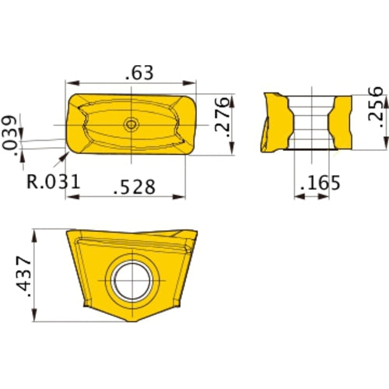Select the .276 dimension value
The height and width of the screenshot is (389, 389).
pyautogui.click(x=221, y=116)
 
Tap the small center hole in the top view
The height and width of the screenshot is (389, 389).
pyautogui.click(x=131, y=124)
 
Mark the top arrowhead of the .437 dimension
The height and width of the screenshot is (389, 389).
pyautogui.click(x=36, y=233)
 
